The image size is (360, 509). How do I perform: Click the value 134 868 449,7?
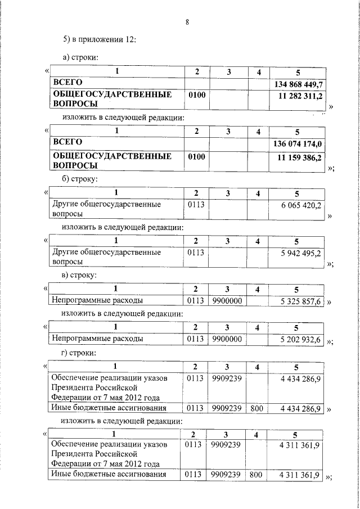click(298, 84)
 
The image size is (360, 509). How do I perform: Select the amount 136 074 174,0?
click(298, 144)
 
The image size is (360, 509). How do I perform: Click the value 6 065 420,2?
click(301, 206)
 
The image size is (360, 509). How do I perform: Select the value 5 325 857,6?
click(301, 302)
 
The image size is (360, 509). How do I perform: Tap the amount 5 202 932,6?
click(301, 339)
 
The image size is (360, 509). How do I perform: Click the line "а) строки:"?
click(81, 57)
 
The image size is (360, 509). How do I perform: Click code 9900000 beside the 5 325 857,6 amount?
click(226, 302)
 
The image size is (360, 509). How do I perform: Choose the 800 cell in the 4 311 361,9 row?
click(256, 475)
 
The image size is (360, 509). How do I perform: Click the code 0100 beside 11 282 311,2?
click(197, 96)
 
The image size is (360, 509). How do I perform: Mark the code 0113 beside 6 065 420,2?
click(196, 205)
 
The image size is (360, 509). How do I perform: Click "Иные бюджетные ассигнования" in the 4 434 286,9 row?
click(109, 408)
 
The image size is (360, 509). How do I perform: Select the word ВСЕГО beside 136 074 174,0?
click(67, 142)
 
